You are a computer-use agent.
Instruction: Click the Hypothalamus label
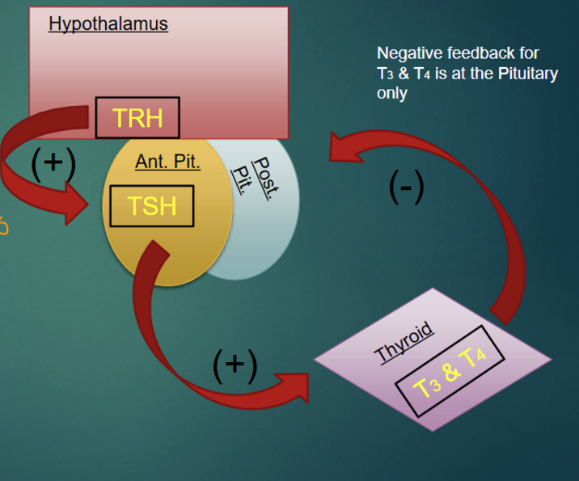click(x=108, y=23)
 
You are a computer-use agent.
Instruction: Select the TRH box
click(x=137, y=118)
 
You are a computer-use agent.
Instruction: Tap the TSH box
click(x=152, y=206)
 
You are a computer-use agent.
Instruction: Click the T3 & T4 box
click(x=451, y=371)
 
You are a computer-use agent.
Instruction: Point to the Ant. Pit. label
click(x=167, y=162)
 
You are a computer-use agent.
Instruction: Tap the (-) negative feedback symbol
click(x=406, y=187)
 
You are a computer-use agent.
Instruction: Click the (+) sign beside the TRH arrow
click(x=53, y=162)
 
